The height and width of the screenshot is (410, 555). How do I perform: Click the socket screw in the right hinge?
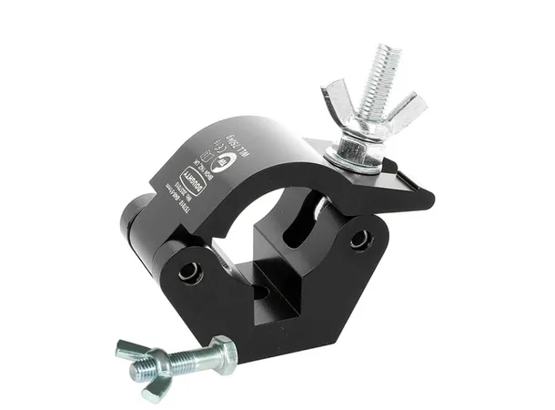[x=362, y=239]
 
